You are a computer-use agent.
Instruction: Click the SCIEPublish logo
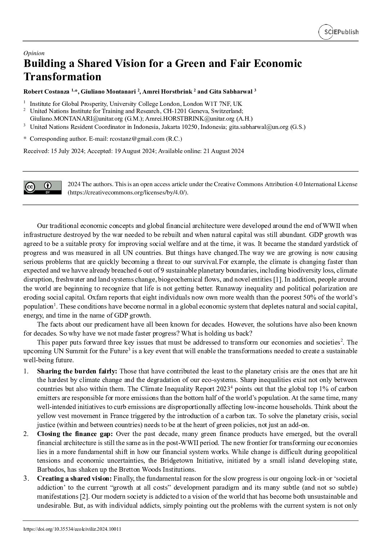(x=339, y=32)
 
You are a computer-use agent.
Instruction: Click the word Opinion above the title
(x=34, y=53)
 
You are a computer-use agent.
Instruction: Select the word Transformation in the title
(x=62, y=77)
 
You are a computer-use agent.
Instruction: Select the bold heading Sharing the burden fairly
(x=77, y=371)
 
